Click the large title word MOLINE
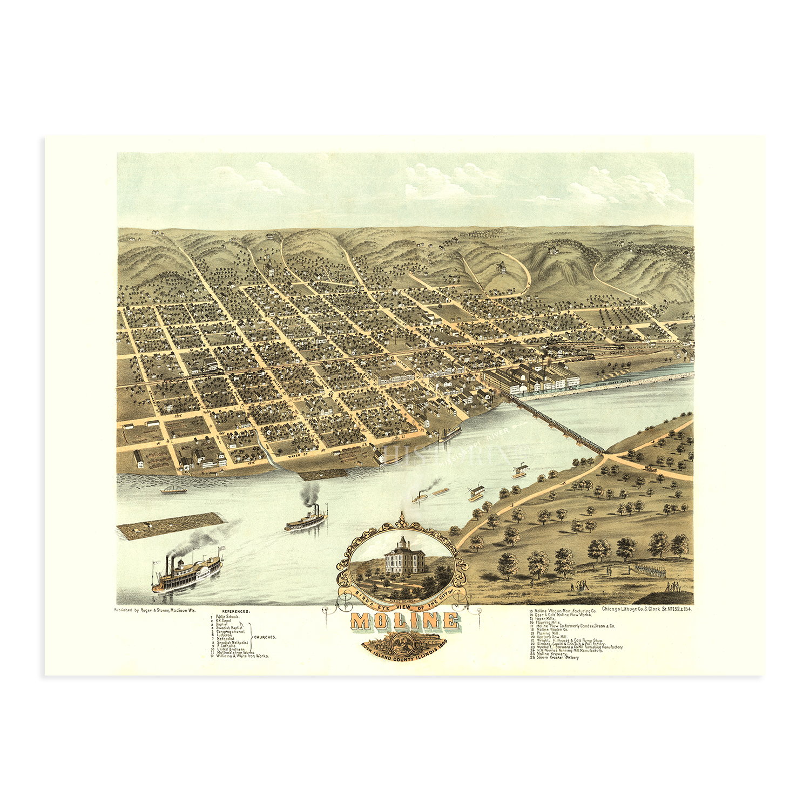(405, 622)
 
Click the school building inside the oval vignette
(402, 556)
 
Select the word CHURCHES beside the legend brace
(265, 637)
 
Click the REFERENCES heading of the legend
(236, 611)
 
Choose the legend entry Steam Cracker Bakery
(557, 658)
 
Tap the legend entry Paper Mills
(545, 619)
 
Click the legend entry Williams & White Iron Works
(242, 656)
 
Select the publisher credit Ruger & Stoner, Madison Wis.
(155, 610)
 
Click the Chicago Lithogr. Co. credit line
(646, 609)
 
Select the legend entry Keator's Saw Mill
(551, 637)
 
